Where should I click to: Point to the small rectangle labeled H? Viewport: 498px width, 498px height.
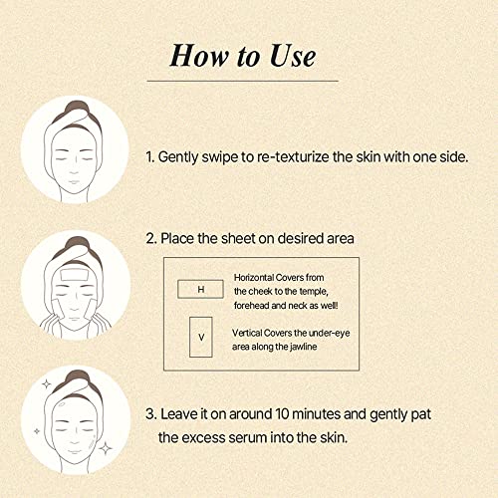click(200, 289)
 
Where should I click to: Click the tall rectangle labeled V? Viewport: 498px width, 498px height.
click(201, 337)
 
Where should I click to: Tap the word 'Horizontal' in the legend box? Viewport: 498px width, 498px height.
click(253, 277)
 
